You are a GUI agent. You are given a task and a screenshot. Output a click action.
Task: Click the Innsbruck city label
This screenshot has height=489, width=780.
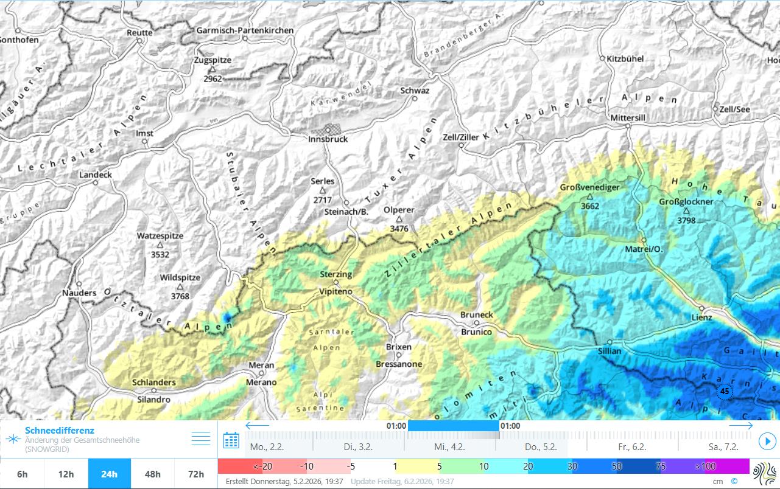(x=328, y=139)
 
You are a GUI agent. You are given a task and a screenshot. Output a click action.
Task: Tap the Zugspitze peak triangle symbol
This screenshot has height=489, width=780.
(x=213, y=69)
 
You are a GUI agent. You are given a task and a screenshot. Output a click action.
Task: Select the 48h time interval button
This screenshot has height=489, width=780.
(x=153, y=474)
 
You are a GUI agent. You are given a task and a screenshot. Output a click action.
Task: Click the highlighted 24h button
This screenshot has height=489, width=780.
(x=110, y=474)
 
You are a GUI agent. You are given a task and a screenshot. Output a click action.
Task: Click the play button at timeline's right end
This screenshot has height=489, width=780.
(x=768, y=440)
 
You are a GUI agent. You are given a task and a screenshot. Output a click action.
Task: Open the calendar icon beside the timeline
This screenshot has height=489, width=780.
(x=231, y=440)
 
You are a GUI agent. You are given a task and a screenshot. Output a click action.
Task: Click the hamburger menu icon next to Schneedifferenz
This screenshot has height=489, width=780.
(x=200, y=439)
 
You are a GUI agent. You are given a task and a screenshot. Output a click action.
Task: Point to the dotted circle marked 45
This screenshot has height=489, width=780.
(x=724, y=391)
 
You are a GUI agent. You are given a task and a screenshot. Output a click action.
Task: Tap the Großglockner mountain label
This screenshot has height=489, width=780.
(x=686, y=202)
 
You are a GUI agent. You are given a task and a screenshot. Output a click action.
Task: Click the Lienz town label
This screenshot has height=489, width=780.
(x=701, y=317)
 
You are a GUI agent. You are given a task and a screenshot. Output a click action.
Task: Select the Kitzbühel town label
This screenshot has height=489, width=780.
(x=625, y=59)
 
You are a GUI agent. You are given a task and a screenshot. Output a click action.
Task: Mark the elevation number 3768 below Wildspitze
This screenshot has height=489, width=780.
(x=180, y=296)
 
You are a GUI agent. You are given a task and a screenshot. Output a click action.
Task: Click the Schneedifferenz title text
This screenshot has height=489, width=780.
(x=60, y=431)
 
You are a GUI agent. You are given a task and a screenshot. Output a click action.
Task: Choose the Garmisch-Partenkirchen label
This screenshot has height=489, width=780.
(x=245, y=30)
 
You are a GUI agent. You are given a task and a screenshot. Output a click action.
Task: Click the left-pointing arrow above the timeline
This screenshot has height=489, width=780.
(x=256, y=426)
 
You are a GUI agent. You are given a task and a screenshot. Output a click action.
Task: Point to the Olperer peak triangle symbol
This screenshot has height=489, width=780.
(x=399, y=219)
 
